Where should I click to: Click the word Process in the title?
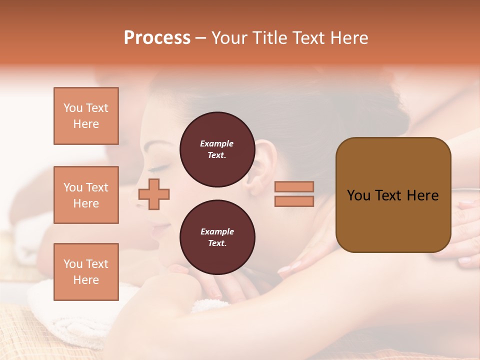(157, 38)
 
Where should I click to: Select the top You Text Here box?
(86, 116)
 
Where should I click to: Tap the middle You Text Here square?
(86, 195)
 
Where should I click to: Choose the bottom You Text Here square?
(86, 271)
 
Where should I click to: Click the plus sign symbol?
(154, 194)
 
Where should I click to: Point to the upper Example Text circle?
(217, 149)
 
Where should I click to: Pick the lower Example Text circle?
(217, 237)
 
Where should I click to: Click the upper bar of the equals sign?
(294, 186)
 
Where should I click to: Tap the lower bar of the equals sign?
(294, 201)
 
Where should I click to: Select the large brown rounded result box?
(393, 195)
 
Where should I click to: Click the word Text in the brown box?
(393, 195)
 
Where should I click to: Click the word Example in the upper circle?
(217, 143)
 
